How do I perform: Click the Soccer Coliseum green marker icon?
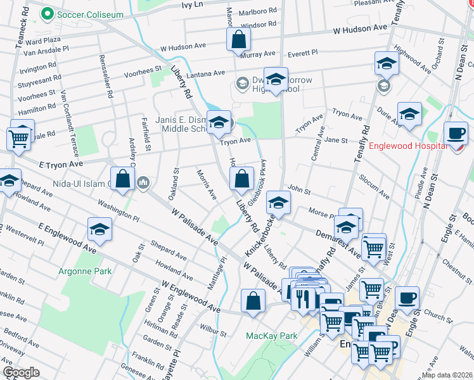tap(46, 13)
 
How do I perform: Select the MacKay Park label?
tap(272, 335)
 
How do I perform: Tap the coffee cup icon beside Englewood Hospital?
tap(456, 134)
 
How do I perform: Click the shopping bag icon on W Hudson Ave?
tap(238, 40)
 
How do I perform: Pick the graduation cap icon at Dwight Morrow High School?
tap(276, 80)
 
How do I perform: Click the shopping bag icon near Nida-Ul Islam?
tap(123, 179)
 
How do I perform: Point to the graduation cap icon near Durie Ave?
tap(409, 114)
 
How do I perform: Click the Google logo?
tap(21, 372)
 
